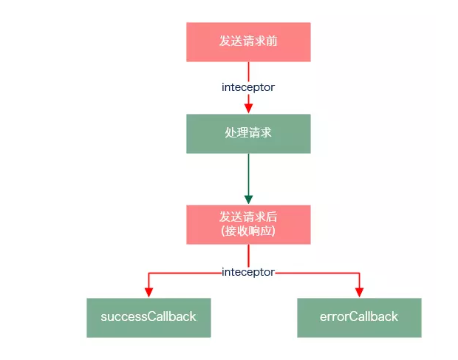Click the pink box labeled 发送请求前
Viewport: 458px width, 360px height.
248,41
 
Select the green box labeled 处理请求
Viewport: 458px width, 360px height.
248,134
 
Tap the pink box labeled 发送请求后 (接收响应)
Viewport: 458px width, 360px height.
248,225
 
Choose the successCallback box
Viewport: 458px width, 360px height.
148,317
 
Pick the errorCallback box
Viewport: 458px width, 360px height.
359,317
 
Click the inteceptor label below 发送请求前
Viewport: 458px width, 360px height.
248,87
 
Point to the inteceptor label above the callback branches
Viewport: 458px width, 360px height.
248,272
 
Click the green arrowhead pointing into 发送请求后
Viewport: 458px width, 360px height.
248,199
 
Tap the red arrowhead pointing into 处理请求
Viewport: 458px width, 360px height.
248,108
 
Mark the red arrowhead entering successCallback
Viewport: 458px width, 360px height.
148,292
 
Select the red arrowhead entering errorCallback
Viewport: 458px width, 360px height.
359,292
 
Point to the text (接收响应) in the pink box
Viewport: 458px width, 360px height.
248,231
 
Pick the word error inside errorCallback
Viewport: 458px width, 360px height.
334,317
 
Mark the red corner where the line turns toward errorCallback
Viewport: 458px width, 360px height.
359,273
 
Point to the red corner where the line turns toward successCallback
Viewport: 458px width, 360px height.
148,273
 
